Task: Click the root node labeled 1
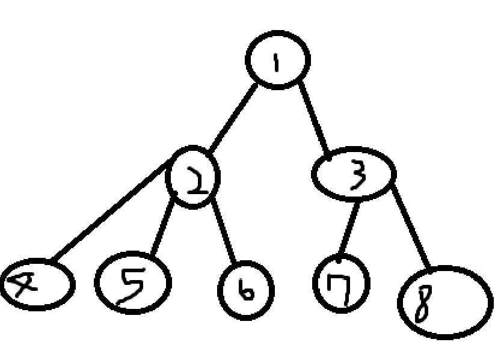pyautogui.click(x=277, y=59)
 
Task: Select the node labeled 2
pyautogui.click(x=194, y=177)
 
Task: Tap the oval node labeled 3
pyautogui.click(x=354, y=174)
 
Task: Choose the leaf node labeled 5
pyautogui.click(x=133, y=282)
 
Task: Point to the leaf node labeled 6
pyautogui.click(x=246, y=290)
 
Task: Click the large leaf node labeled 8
pyautogui.click(x=445, y=302)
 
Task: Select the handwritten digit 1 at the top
pyautogui.click(x=277, y=60)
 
